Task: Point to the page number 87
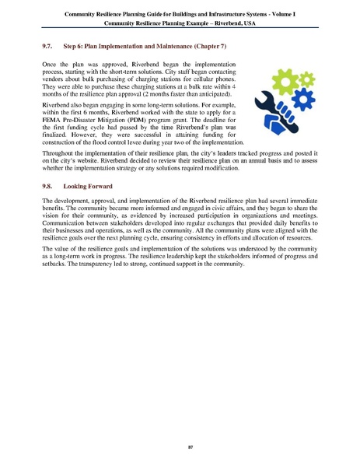click(x=180, y=447)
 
